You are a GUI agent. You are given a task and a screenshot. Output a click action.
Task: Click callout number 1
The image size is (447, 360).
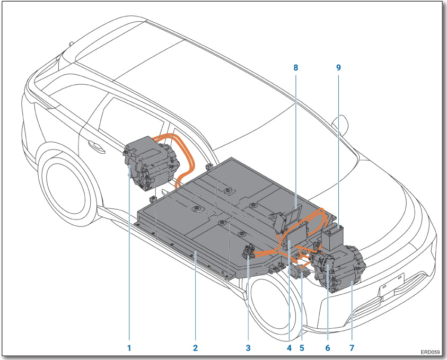[128, 348]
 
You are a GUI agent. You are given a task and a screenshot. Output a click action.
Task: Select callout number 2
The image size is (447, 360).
[195, 348]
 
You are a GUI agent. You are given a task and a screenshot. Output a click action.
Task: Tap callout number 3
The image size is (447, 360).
[248, 348]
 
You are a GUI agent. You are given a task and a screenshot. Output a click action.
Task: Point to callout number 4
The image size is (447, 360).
[289, 348]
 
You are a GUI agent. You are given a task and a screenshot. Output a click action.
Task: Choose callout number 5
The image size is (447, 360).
[302, 348]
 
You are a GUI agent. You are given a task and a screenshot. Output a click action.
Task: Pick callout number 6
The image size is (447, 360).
[327, 348]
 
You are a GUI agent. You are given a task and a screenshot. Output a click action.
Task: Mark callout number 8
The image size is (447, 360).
[296, 67]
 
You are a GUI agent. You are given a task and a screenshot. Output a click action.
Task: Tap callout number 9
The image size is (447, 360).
[338, 67]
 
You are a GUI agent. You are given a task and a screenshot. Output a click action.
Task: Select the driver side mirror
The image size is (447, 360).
[341, 124]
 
